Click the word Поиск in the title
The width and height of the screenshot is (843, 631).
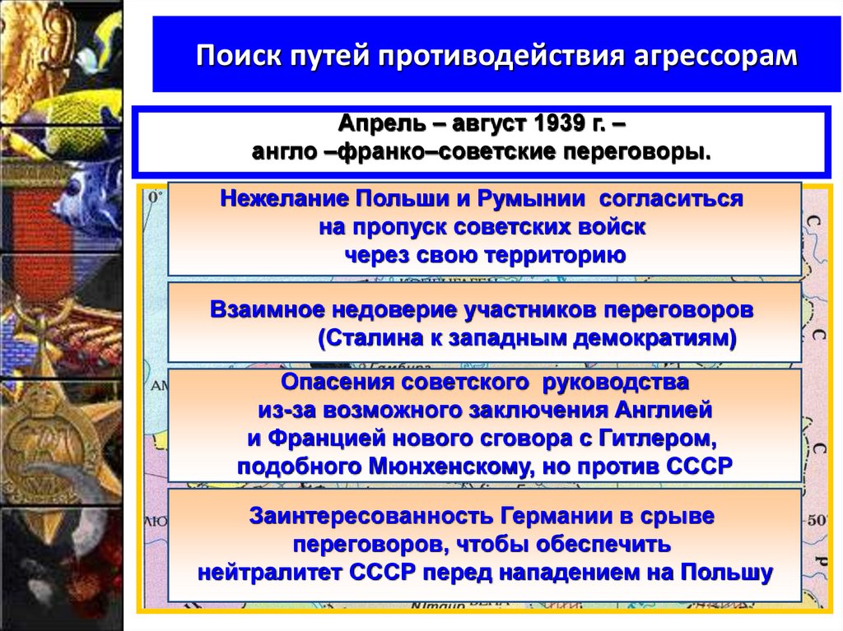pos(235,57)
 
